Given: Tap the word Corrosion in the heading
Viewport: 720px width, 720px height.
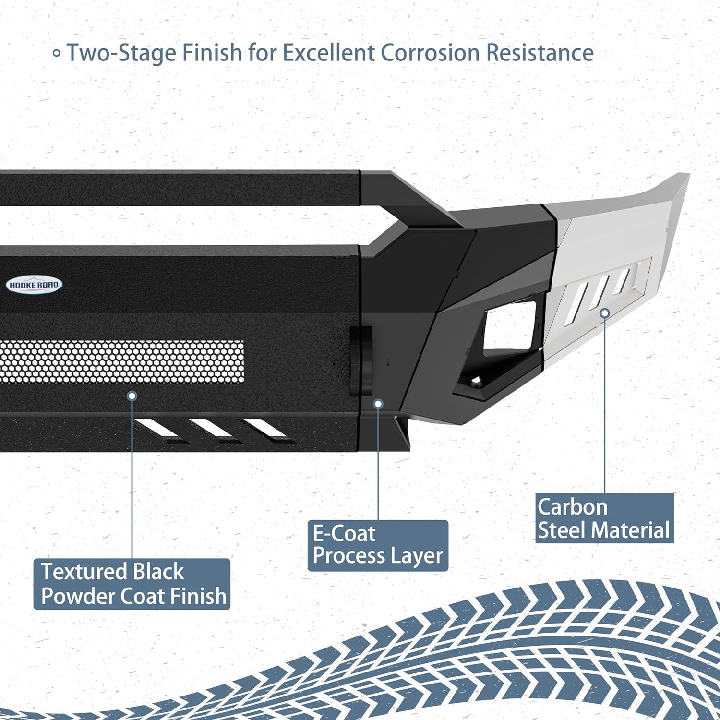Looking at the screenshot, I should [430, 53].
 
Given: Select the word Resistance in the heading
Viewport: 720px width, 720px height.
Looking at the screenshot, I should [540, 53].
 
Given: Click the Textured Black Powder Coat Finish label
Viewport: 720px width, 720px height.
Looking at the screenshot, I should [132, 584].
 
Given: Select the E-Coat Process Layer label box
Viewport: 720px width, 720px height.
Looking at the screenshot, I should [378, 545].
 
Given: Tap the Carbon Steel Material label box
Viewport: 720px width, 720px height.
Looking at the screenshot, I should [604, 518].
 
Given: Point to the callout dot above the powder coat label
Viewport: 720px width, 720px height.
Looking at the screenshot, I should [132, 396].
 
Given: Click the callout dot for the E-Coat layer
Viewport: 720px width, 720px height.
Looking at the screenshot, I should [378, 404].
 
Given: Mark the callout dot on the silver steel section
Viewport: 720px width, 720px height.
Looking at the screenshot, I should [605, 313].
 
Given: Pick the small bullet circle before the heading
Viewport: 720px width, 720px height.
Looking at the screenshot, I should [57, 53].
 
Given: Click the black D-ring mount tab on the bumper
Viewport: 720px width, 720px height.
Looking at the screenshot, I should [360, 360].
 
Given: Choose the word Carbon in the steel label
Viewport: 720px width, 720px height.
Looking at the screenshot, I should [572, 507].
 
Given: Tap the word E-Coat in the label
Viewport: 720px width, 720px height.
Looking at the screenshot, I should [344, 534].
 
